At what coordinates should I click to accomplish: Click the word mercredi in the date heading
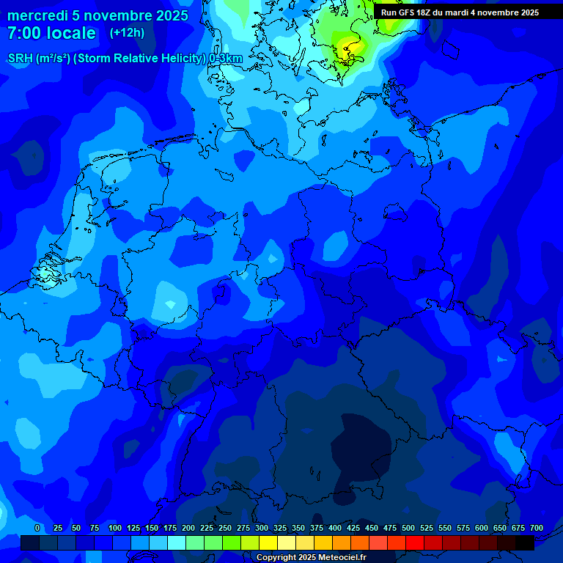click(x=34, y=15)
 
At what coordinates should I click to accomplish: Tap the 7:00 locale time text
click(x=51, y=33)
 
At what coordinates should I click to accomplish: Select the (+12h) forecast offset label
click(x=127, y=33)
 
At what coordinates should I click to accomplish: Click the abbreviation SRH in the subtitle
click(x=21, y=59)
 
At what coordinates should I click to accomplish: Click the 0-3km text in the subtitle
click(x=225, y=59)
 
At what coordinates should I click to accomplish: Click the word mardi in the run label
click(x=461, y=12)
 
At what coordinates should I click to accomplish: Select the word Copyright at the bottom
click(x=276, y=558)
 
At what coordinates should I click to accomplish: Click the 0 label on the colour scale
click(x=37, y=528)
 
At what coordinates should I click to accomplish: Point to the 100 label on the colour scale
click(x=115, y=528)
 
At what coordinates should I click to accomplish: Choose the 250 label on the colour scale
click(x=225, y=528)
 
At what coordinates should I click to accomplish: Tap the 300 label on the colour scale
click(x=262, y=528)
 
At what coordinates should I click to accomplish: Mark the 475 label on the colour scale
click(x=390, y=528)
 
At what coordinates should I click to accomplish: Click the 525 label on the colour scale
click(x=427, y=528)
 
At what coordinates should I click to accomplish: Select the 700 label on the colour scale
click(x=537, y=528)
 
